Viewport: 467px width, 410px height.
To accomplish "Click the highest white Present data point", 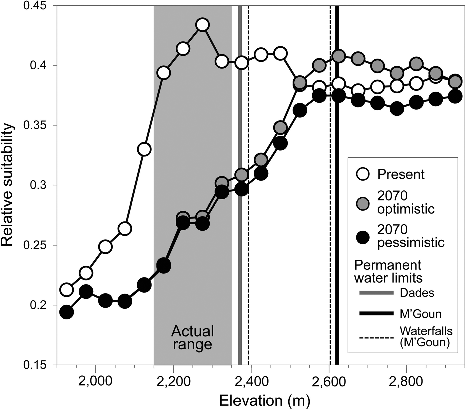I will point(202,25).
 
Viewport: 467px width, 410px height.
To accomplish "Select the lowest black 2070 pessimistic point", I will point(66,312).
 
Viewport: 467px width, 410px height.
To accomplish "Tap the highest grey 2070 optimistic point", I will point(338,56).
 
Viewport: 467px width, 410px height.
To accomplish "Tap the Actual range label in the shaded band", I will point(192,338).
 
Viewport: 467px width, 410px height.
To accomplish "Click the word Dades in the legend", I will point(417,293).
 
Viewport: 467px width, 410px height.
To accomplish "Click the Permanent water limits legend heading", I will point(388,271).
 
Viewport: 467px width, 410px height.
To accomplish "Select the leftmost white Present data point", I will point(66,290).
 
